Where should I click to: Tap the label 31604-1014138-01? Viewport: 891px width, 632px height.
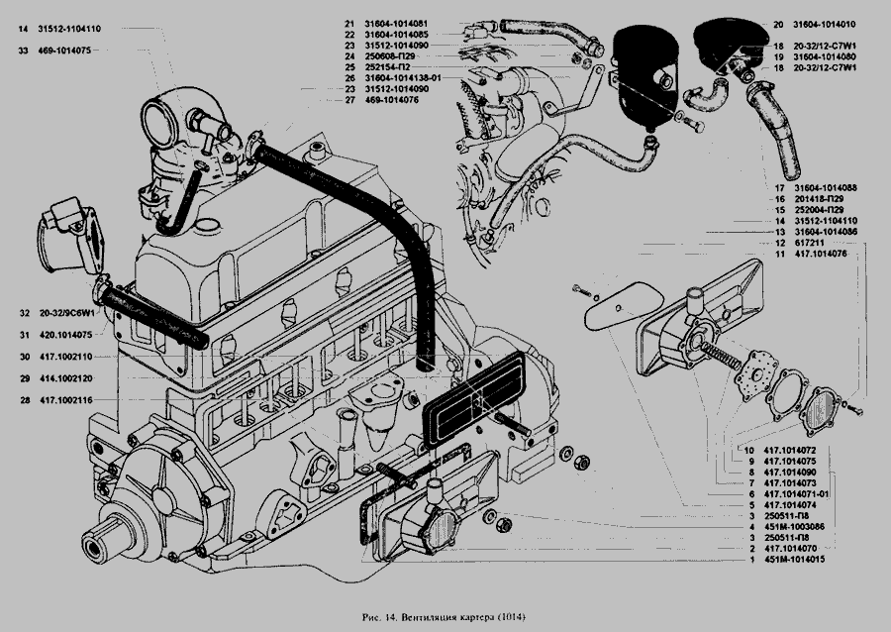(x=404, y=77)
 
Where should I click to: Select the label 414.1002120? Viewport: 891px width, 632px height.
(x=66, y=378)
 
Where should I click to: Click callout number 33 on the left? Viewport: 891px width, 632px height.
(x=22, y=50)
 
